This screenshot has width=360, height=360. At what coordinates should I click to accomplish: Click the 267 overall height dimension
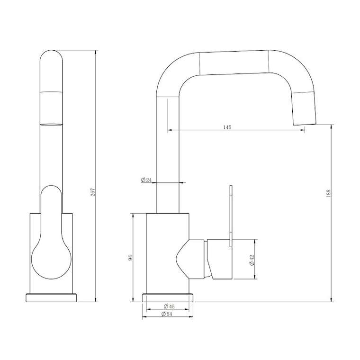coord(93,192)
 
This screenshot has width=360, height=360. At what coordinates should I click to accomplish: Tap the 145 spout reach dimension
coord(227,127)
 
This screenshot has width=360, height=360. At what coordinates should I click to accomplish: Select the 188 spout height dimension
coord(328,193)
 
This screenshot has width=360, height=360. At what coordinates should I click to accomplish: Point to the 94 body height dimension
coord(130,258)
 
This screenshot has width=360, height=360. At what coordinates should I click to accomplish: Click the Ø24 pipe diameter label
coord(146,180)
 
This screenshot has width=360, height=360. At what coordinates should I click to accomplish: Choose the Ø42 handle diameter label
coord(252,260)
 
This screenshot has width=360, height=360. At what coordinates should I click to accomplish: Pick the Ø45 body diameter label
coord(169,306)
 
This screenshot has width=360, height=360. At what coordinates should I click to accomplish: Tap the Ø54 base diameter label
coord(167,314)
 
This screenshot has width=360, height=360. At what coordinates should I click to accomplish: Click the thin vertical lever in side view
coord(231,216)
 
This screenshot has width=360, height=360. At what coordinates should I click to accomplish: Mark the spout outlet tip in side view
coord(305,124)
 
